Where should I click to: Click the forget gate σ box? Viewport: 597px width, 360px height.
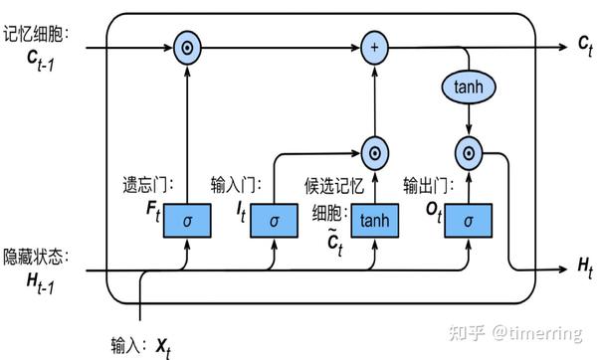click(x=187, y=220)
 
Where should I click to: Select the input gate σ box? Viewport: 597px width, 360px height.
click(x=274, y=220)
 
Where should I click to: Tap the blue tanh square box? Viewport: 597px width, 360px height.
click(x=375, y=220)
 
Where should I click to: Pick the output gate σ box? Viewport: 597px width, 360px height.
click(x=467, y=220)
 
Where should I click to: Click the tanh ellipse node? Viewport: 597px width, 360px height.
click(x=467, y=87)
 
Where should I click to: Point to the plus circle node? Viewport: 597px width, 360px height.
click(x=375, y=46)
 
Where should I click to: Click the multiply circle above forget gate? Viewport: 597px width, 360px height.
click(x=187, y=46)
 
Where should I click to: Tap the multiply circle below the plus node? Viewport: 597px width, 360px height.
click(x=375, y=152)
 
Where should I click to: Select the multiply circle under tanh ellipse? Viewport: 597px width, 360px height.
click(x=467, y=152)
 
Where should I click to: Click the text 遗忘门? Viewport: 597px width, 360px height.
click(x=147, y=185)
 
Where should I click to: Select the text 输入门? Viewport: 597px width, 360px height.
click(x=235, y=185)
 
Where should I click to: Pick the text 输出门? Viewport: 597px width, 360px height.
click(x=428, y=185)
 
